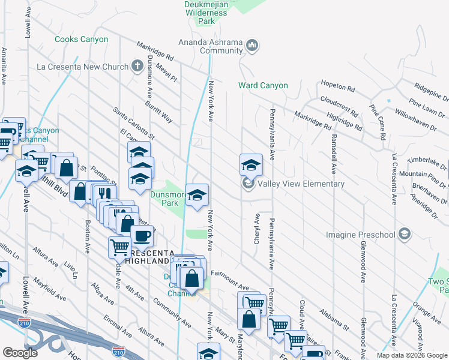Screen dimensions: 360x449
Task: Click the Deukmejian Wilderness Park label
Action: (x=206, y=13)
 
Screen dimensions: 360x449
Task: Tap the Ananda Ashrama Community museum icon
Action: (x=252, y=44)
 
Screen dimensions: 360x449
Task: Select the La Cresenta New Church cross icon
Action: (x=137, y=65)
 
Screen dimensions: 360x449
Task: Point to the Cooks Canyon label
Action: (x=82, y=40)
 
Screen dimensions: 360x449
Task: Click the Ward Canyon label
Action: (x=263, y=86)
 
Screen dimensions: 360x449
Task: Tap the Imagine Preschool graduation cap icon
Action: (x=405, y=233)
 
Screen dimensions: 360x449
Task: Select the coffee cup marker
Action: (x=142, y=236)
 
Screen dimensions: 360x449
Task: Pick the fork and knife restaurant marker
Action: (x=104, y=193)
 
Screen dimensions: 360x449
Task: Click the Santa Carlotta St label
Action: (x=134, y=122)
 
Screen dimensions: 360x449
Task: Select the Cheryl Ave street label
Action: (x=257, y=229)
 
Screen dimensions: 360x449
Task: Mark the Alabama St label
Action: (x=334, y=323)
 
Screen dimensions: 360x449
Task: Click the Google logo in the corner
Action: (x=20, y=353)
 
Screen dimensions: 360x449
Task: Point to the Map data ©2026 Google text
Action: (x=412, y=355)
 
